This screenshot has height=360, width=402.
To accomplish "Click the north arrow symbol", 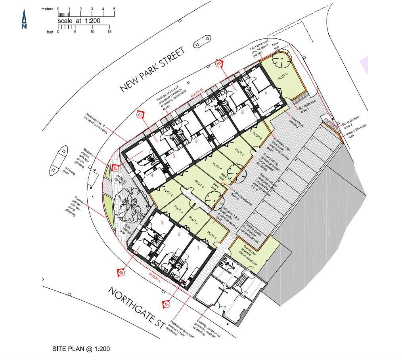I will point(24,19).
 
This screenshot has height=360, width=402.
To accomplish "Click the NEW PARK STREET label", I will point(153,70).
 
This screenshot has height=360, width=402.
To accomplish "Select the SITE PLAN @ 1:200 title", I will point(81,349).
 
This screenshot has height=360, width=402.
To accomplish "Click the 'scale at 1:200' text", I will point(79,21).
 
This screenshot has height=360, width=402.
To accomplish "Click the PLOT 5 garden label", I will point(199,184).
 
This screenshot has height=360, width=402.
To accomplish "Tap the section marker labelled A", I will point(167,304).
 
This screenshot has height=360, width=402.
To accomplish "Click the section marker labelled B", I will point(121,273).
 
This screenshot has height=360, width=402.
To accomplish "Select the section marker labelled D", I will point(140,115).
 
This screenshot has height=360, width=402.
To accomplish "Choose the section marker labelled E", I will point(219,64).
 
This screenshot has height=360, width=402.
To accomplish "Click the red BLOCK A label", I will point(155,277).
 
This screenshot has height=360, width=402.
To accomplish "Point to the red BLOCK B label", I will point(197,94).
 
